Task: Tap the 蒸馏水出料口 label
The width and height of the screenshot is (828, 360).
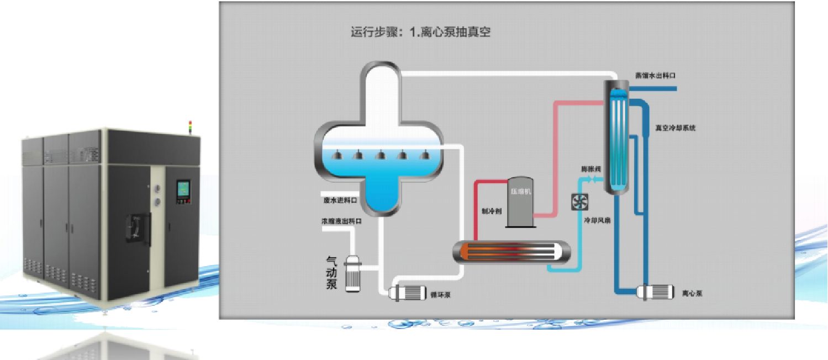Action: coord(655,76)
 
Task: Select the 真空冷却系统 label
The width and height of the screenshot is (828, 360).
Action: coord(675,128)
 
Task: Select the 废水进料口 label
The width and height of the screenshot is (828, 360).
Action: coord(340,200)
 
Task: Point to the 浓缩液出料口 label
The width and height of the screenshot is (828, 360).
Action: coord(341,221)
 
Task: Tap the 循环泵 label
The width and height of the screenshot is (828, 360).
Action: coord(440,295)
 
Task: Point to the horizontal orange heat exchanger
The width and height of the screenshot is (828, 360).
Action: coord(511,252)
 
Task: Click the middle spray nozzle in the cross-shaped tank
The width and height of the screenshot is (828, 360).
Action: coord(380,155)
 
